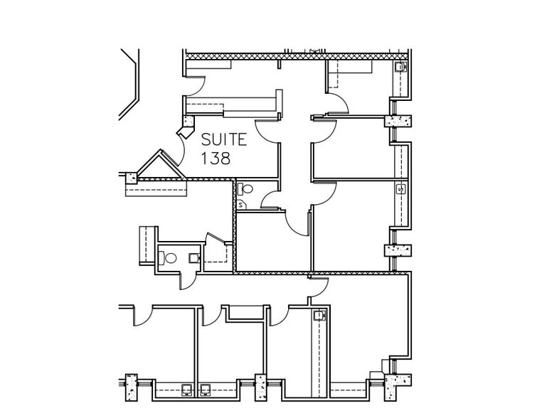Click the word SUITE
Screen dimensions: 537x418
point(224,139)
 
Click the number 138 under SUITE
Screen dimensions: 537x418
point(216,158)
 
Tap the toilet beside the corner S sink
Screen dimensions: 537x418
point(245,188)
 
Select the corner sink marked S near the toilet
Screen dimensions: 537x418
point(240,205)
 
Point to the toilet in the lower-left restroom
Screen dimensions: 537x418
point(167,258)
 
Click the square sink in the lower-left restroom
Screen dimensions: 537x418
point(194,258)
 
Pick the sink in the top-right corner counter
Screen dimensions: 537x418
point(400,67)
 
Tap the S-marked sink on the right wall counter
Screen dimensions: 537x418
point(401,189)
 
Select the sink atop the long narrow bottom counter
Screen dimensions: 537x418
point(319,315)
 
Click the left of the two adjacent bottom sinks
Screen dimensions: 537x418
point(186,390)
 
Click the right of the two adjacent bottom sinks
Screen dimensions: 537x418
point(206,390)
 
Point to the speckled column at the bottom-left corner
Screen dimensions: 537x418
point(131,387)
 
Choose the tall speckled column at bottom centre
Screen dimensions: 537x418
point(261,387)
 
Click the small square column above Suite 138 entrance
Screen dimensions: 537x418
point(188,121)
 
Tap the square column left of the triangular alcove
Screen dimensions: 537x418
point(132,178)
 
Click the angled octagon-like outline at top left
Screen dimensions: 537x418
point(129,84)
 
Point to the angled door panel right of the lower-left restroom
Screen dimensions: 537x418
point(216,238)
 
